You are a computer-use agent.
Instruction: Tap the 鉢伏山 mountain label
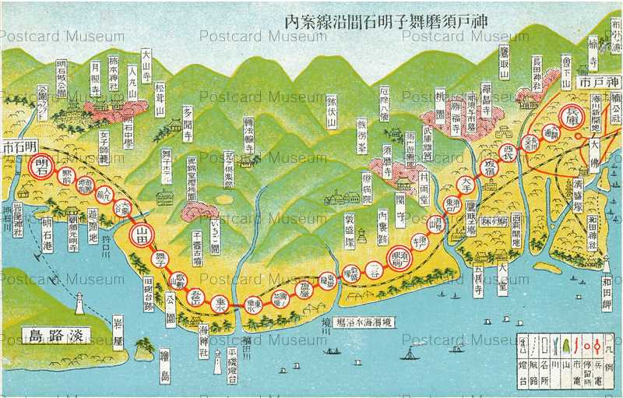pos(331,111)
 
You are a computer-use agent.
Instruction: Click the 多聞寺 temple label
pos(188,124)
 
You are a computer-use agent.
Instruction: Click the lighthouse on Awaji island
pos(79,303)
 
